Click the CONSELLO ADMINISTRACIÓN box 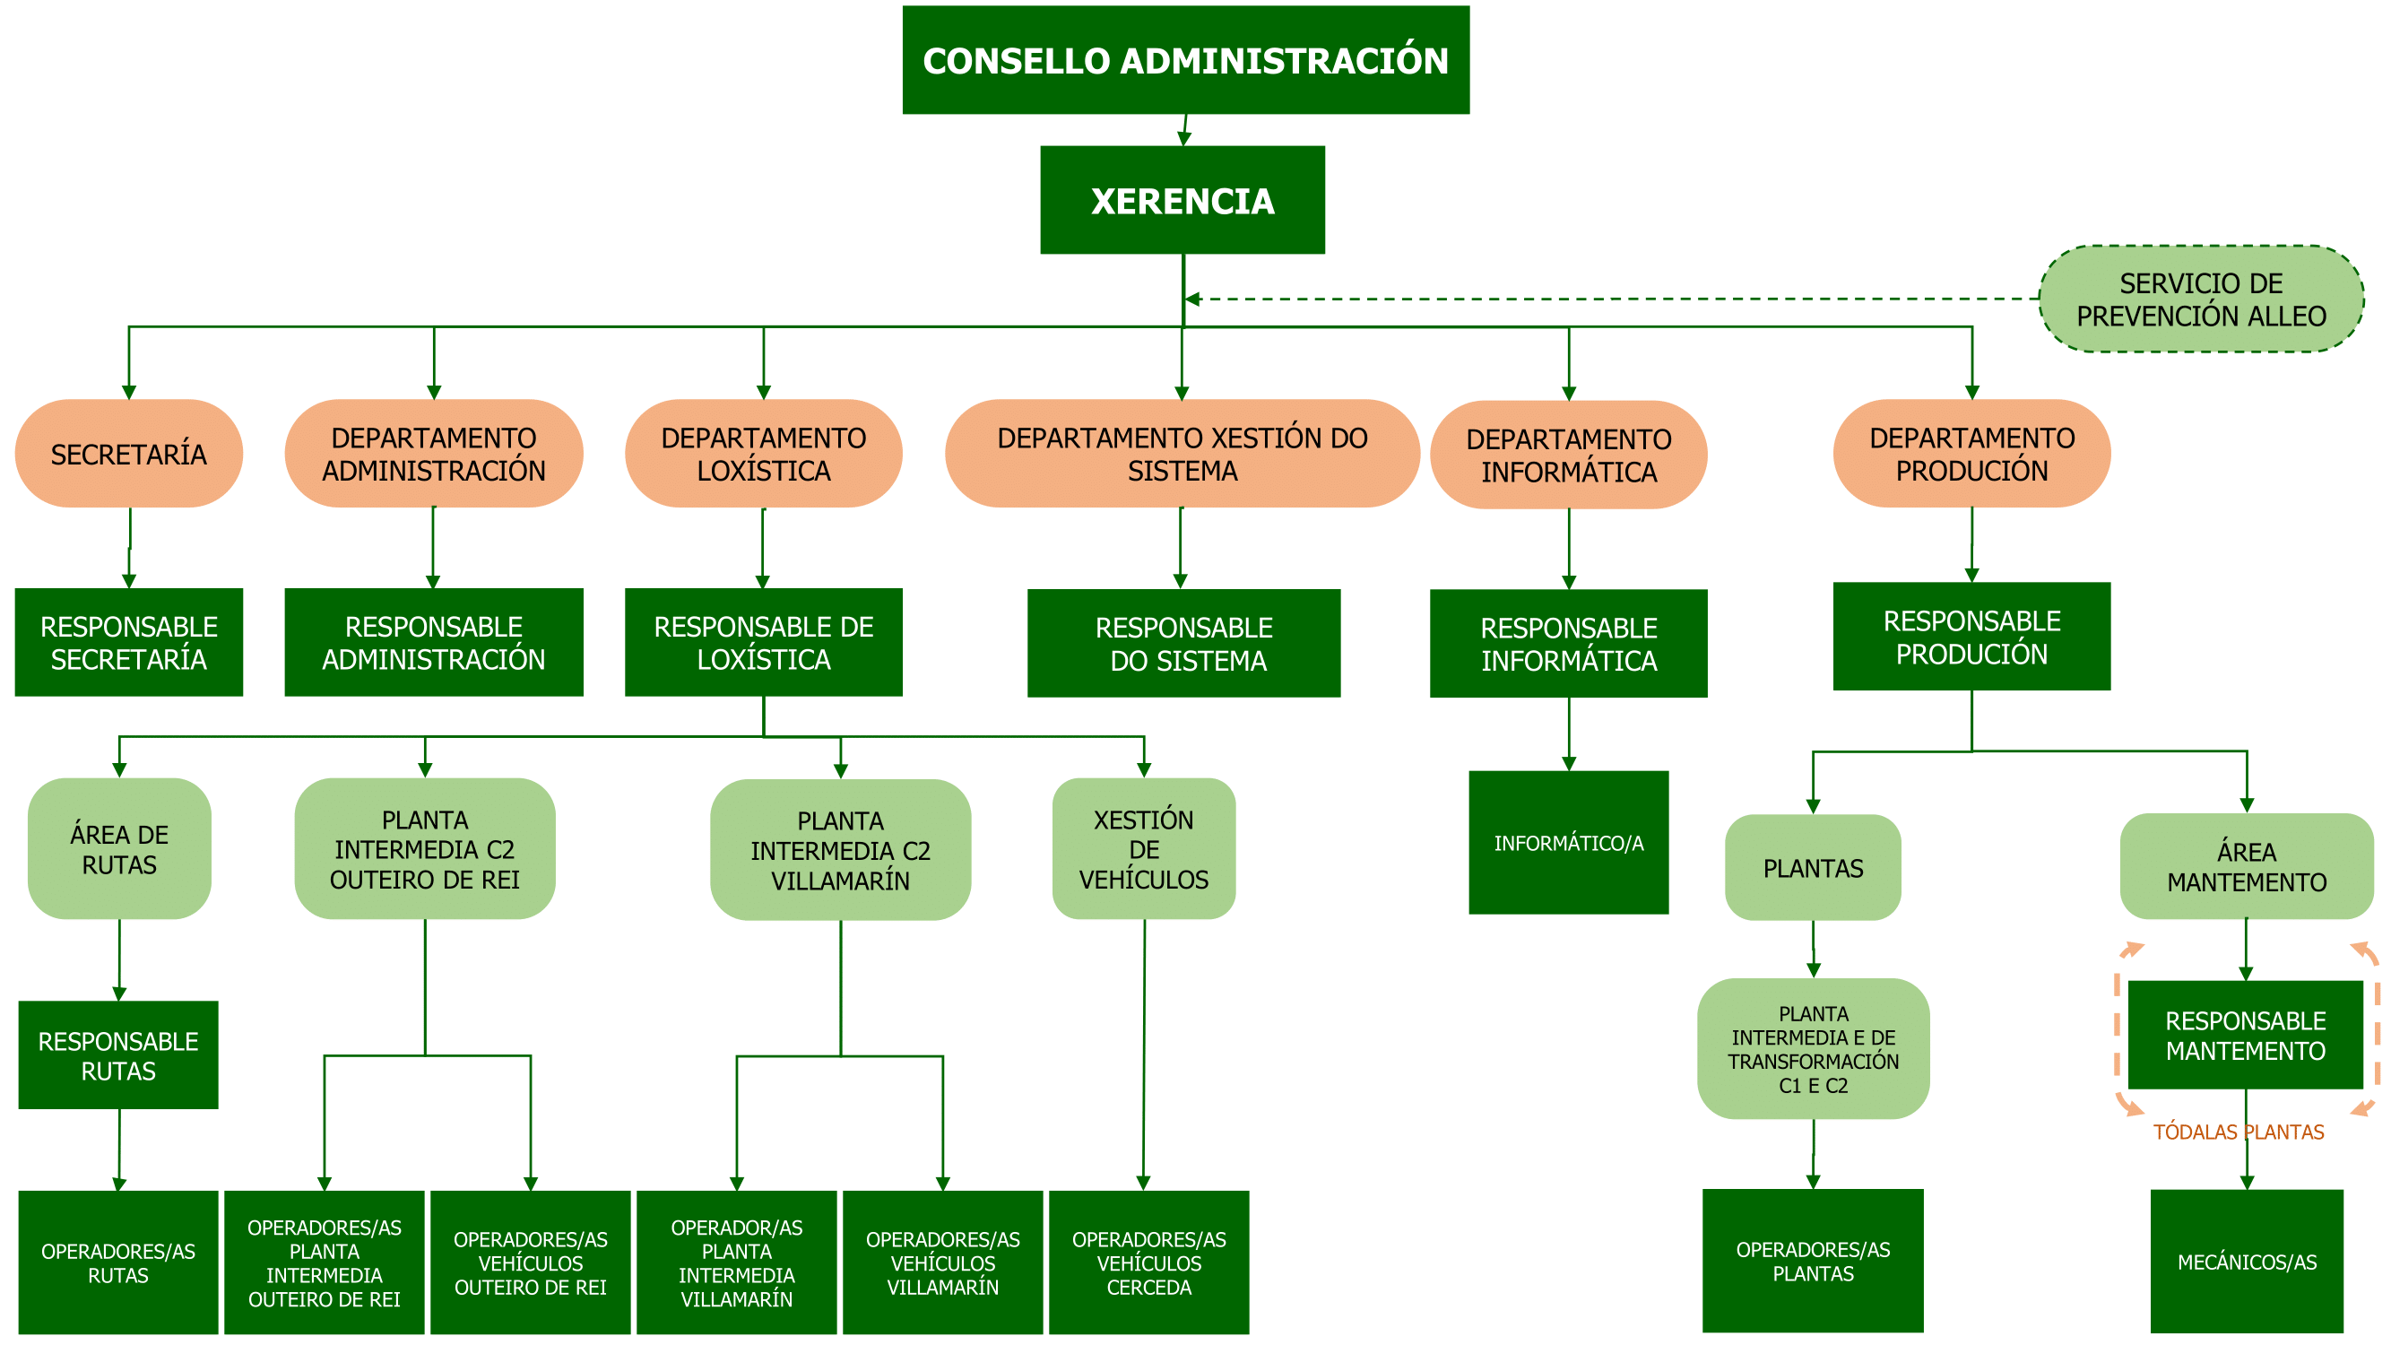1185,60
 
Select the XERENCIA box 1182,200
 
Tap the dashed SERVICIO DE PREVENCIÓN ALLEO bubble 2200,299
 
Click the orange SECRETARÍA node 128,454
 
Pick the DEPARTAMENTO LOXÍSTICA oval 763,454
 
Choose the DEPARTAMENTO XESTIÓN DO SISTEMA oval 1182,454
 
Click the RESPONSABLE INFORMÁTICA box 1568,643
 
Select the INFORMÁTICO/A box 1568,842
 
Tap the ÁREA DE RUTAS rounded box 119,848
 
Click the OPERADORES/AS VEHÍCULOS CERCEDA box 1148,1262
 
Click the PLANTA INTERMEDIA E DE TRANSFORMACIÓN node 1812,1048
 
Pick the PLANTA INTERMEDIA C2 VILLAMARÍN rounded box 840,849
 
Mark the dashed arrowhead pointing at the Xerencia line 1193,299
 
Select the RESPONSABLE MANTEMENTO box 2244,1035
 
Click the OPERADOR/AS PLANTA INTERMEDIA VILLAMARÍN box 736,1262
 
